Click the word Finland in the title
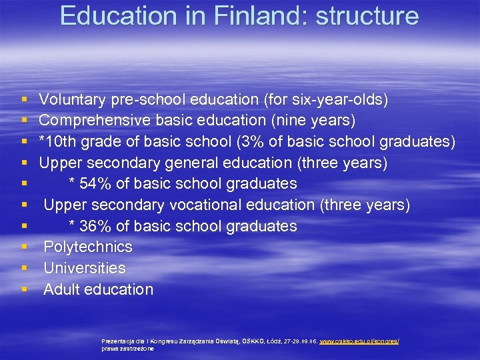coord(253,15)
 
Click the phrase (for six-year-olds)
coord(326,100)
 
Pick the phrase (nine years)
coord(317,121)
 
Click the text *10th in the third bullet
coord(58,142)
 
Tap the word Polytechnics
coord(88,247)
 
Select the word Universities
coord(85,268)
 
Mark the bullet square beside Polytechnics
coord(24,247)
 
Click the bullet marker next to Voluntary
coord(24,100)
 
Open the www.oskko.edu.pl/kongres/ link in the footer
coord(359,341)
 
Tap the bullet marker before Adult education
coord(24,289)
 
